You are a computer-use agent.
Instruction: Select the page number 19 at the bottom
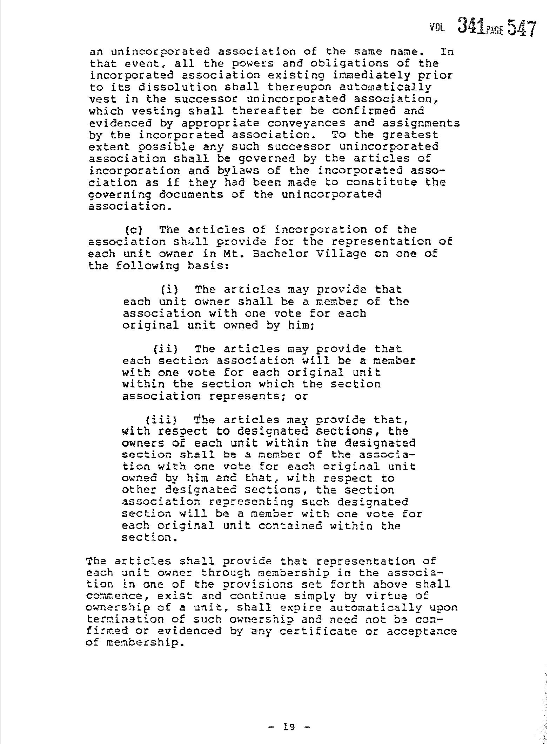(288, 716)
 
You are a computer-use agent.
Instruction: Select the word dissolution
(150, 87)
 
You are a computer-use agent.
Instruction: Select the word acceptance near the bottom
(422, 632)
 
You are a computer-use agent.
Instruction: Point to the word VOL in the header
(437, 28)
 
